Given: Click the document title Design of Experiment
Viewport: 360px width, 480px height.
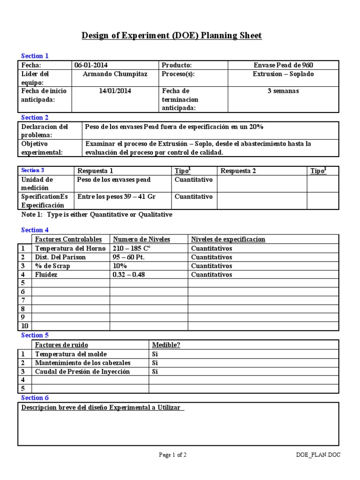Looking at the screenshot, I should click(x=172, y=36).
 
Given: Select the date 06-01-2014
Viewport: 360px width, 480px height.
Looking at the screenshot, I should click(x=94, y=65).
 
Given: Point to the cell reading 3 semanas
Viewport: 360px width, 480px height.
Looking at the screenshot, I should click(x=283, y=91).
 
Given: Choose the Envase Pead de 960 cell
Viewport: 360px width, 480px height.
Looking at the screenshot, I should click(x=283, y=65).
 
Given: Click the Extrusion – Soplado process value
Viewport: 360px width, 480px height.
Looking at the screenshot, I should click(x=283, y=74).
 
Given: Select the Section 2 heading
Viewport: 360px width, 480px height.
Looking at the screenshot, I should click(x=35, y=118).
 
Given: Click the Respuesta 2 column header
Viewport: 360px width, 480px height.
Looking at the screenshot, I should click(x=238, y=171).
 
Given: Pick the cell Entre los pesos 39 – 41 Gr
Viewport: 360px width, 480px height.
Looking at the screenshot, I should click(x=116, y=196).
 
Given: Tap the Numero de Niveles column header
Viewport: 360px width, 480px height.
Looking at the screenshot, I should click(x=142, y=239).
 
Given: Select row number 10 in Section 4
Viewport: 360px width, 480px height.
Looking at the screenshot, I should click(x=24, y=326).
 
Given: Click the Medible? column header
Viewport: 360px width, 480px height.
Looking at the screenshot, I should click(x=166, y=345).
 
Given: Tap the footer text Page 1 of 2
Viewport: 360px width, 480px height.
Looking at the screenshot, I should click(x=173, y=454).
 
